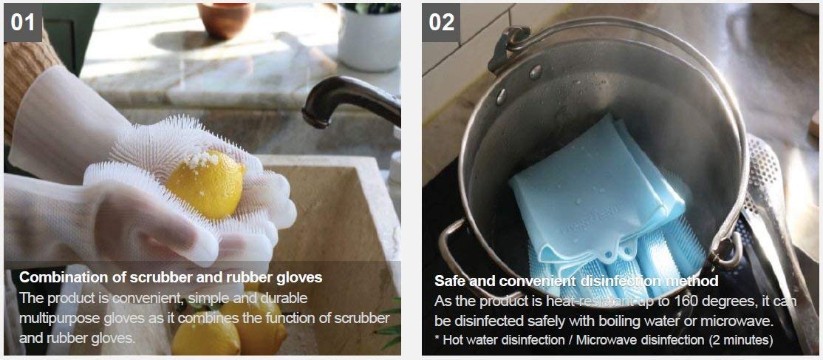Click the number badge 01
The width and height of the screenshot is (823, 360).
click(23, 23)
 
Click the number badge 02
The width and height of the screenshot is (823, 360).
click(441, 23)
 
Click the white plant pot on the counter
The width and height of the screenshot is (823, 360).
click(369, 38)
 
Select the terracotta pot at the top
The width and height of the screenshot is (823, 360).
click(226, 19)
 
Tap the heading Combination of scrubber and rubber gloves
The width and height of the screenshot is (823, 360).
click(171, 277)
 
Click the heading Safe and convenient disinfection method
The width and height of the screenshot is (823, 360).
click(576, 281)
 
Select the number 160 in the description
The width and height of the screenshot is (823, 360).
click(686, 302)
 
